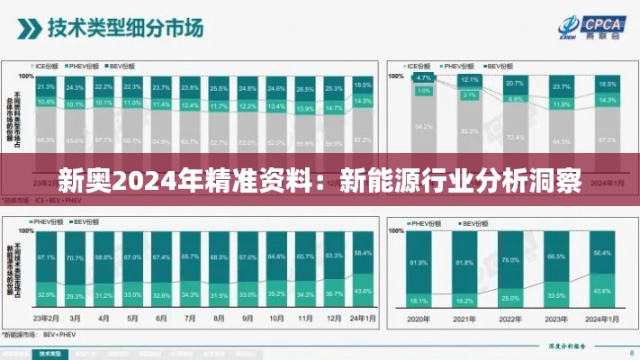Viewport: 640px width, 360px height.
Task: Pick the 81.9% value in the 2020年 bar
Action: tap(418, 263)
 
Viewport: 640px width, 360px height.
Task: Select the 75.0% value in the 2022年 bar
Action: tap(511, 259)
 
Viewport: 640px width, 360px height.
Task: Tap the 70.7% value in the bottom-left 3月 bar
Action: tap(75, 258)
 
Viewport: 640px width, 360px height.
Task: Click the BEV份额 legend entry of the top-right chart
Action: tap(501, 66)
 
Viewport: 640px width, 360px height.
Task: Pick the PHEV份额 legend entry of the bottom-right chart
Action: tap(423, 222)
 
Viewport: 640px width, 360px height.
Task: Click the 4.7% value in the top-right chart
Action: tap(423, 78)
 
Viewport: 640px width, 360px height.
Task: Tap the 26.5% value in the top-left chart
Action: tap(305, 89)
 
